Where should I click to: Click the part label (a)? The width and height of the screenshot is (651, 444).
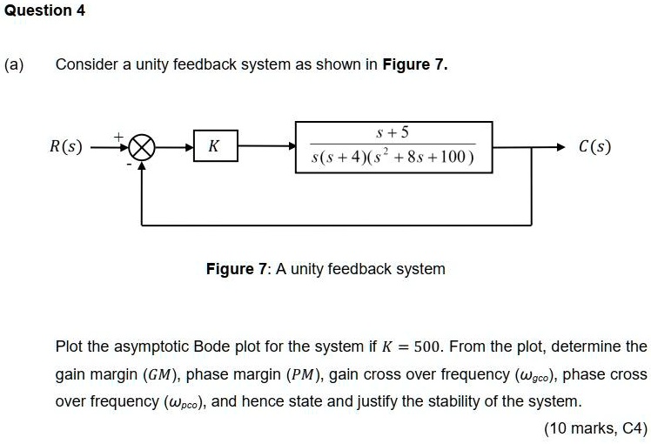(x=15, y=64)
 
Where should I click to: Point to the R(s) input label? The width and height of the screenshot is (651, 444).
(x=66, y=146)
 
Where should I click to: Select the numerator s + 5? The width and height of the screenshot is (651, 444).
(x=393, y=133)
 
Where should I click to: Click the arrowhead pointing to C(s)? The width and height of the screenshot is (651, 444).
(x=561, y=146)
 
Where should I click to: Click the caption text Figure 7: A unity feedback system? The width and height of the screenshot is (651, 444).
(x=325, y=269)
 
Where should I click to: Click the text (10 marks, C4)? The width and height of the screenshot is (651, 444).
(x=595, y=428)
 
